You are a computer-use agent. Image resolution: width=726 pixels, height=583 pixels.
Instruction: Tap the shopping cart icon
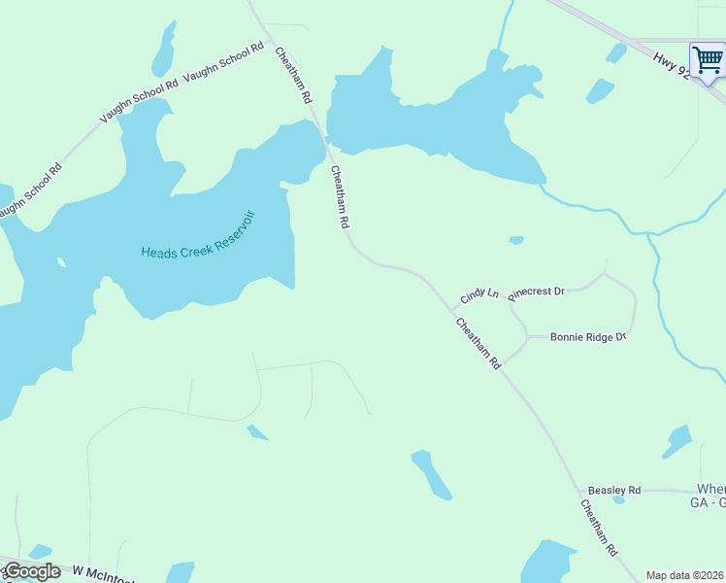coord(708,60)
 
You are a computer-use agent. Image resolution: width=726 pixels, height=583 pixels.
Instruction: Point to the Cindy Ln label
coord(479,292)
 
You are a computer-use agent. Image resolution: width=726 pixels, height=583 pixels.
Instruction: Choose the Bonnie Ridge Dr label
coord(588,337)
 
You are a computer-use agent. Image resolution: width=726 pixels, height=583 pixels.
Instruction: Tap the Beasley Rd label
coord(614,491)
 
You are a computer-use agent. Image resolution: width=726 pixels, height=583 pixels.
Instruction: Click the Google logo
coord(32,571)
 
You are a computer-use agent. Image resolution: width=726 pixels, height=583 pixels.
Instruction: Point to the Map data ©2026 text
coord(685,575)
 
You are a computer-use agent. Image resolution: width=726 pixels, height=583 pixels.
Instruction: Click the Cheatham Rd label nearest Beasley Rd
coord(599,528)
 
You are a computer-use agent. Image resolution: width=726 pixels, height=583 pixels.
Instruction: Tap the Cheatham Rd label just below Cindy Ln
coord(478,342)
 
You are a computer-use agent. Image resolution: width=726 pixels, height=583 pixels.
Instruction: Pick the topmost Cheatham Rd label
coord(292,75)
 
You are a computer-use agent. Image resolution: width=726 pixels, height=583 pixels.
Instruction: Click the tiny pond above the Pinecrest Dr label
coord(516,240)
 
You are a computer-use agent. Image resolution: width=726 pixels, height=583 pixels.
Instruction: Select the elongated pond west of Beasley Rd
coord(431,474)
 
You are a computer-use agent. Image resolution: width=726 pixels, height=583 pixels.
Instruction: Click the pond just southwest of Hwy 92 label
coord(600,91)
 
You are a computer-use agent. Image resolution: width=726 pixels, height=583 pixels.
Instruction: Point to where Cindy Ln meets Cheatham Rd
coord(451,311)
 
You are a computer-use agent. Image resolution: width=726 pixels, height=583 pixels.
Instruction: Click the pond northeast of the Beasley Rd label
coord(677,442)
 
